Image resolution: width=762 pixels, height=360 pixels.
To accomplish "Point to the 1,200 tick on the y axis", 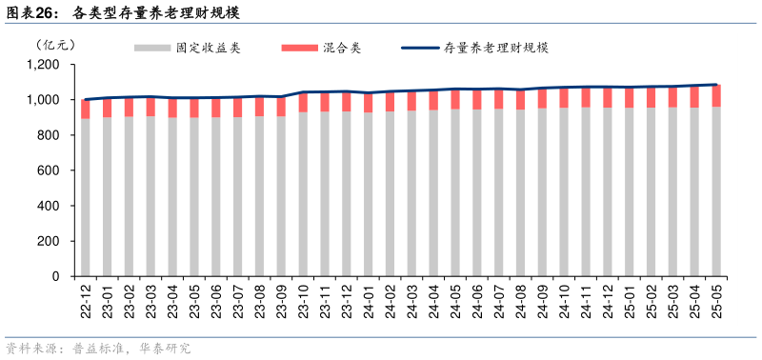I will point(44,65).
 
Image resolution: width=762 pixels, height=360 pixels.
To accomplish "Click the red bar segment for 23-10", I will point(303,103).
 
